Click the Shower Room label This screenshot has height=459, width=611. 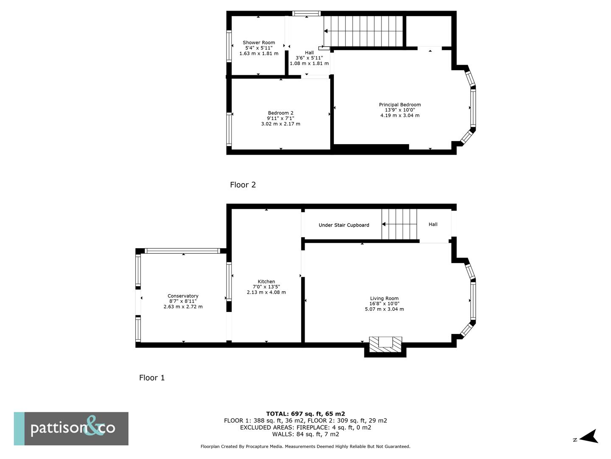click(x=259, y=42)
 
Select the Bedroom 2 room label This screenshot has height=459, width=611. click(x=280, y=113)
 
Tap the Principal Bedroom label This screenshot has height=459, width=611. click(x=400, y=105)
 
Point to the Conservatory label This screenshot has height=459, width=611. click(x=183, y=296)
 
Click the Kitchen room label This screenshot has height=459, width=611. click(x=266, y=281)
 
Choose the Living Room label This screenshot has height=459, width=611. click(x=384, y=298)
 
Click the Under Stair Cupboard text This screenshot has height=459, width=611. click(x=344, y=225)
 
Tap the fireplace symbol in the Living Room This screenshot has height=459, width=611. click(x=385, y=344)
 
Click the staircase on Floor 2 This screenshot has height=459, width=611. click(x=363, y=31)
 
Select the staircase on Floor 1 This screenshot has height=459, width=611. click(x=399, y=224)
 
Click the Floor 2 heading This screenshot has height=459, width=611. click(x=243, y=185)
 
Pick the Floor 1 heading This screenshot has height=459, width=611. click(x=152, y=378)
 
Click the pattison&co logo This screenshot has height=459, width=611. click(x=71, y=428)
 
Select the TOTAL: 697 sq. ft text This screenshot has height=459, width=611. click(x=305, y=414)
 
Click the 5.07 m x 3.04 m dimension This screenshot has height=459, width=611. click(x=384, y=309)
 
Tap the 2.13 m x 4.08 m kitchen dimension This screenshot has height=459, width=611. click(x=266, y=292)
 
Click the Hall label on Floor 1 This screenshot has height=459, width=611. click(x=433, y=224)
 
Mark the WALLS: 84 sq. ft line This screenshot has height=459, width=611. click(x=305, y=434)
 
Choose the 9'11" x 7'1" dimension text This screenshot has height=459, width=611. click(x=280, y=119)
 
